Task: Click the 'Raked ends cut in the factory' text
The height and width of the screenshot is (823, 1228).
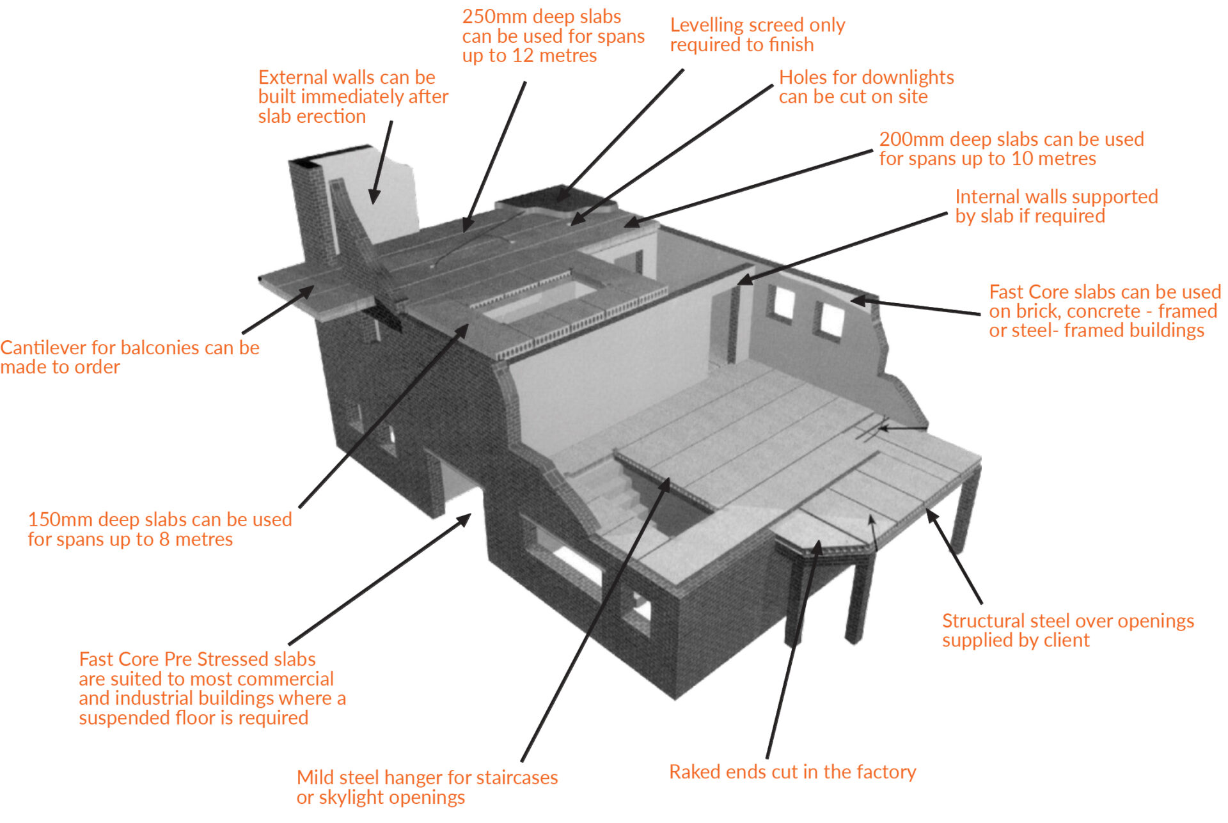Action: pyautogui.click(x=792, y=772)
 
